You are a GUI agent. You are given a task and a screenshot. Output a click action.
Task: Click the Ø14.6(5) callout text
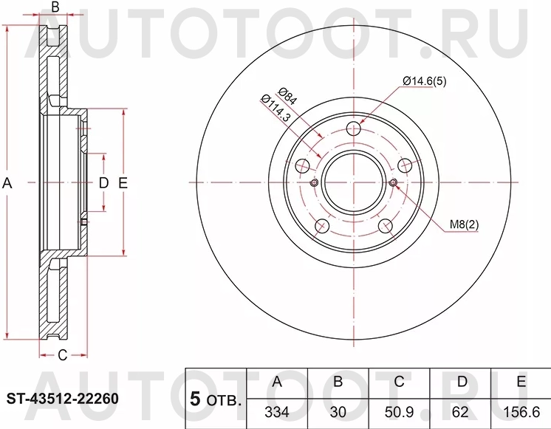click(x=424, y=81)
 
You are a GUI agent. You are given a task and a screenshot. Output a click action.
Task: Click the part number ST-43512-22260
click(x=62, y=399)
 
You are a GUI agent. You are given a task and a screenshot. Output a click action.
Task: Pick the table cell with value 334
click(x=277, y=411)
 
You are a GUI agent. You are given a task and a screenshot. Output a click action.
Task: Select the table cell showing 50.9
click(x=399, y=411)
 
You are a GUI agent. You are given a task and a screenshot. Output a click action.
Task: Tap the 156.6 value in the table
click(x=521, y=411)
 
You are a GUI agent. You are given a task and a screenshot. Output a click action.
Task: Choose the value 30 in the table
click(x=338, y=411)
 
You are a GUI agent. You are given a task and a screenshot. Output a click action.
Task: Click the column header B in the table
click(x=338, y=382)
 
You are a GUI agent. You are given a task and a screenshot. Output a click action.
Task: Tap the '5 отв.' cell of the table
click(x=216, y=399)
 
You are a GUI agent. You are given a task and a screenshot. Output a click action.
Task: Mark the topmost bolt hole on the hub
click(x=354, y=128)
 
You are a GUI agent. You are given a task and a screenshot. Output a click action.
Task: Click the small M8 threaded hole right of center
click(x=393, y=183)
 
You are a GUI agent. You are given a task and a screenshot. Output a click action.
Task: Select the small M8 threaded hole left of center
click(x=314, y=183)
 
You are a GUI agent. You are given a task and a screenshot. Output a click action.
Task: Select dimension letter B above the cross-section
click(x=54, y=8)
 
